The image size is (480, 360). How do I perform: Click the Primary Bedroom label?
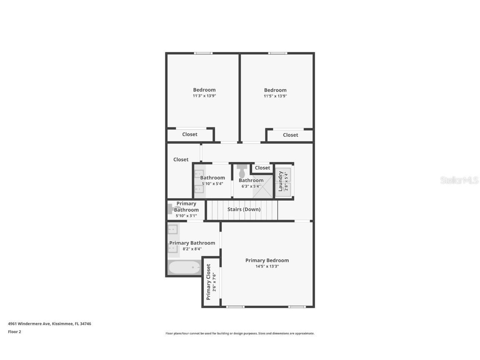pos(267,260)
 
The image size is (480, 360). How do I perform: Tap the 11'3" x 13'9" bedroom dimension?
pos(204,96)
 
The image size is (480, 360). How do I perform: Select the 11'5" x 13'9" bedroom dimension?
pos(275,96)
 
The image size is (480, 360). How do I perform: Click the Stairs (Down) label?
pos(244,209)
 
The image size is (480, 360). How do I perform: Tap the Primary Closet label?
pos(208,282)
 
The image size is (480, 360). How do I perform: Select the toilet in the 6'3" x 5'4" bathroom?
pos(242,171)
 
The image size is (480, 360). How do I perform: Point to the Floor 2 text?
pos(14,332)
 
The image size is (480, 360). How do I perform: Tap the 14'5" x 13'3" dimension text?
pos(267,266)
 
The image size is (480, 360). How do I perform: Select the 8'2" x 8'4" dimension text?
pos(192,249)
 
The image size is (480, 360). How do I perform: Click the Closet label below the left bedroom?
pos(190,135)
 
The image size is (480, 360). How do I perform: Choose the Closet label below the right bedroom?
pos(290,135)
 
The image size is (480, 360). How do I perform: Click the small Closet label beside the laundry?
pos(262,168)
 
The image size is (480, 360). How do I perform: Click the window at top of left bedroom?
pos(203,53)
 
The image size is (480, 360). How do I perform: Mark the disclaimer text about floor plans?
pos(240,333)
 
